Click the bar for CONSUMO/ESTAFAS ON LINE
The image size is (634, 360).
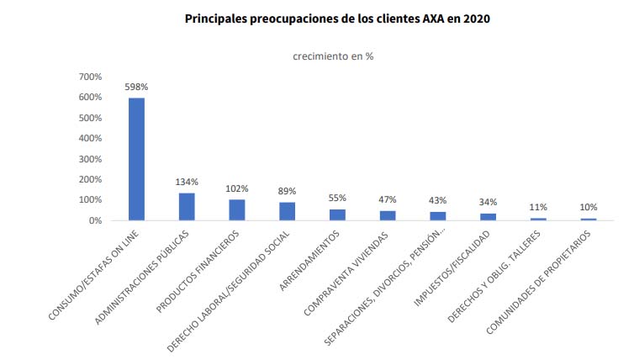click(x=136, y=159)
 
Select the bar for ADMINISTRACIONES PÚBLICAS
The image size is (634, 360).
click(x=187, y=207)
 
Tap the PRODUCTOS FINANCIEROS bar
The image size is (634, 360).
click(x=237, y=210)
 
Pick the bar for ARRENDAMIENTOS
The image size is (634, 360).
click(x=337, y=214)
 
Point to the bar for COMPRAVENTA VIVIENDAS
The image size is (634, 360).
click(x=388, y=215)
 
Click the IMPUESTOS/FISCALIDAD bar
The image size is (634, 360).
click(x=489, y=217)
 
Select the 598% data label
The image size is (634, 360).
click(x=136, y=87)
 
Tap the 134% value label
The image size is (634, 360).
click(x=187, y=182)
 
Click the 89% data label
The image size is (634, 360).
click(x=288, y=191)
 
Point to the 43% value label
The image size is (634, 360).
click(x=438, y=200)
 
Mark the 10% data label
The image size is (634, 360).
click(x=589, y=207)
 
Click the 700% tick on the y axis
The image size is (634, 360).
click(x=90, y=77)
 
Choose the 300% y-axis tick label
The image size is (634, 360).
click(x=90, y=159)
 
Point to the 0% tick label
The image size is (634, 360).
click(x=95, y=220)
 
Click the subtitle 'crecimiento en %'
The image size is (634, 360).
click(x=333, y=56)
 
